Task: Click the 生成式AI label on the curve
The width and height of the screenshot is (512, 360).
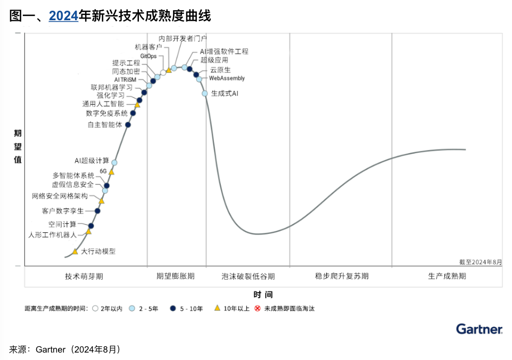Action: click(225, 93)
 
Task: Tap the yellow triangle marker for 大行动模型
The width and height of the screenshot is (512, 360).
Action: click(75, 252)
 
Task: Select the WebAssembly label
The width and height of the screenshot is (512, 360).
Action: click(227, 79)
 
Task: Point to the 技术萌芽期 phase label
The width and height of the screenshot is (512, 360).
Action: click(84, 277)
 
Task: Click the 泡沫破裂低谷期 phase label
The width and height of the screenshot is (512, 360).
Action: click(248, 277)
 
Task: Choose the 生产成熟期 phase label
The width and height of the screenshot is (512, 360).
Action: click(447, 277)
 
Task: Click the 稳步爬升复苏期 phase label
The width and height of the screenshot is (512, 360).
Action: click(342, 277)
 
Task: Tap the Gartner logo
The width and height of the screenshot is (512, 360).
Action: click(479, 330)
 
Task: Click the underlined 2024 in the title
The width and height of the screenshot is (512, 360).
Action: click(63, 16)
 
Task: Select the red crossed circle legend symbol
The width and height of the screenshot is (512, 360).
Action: click(258, 308)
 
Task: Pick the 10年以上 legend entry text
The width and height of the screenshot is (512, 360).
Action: click(236, 308)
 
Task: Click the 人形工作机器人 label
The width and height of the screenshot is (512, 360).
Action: click(53, 234)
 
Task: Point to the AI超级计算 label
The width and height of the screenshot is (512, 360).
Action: click(92, 161)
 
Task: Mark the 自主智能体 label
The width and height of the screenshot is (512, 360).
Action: click(105, 125)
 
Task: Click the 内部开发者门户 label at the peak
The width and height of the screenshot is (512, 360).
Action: click(183, 38)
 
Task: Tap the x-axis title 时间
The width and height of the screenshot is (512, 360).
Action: click(263, 295)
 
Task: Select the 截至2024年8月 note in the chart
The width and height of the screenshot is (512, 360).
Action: click(481, 262)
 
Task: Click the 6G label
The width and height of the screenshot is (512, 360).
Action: click(103, 171)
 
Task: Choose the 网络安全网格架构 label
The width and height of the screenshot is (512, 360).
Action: click(60, 196)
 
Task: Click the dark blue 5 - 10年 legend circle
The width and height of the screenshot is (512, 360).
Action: click(172, 308)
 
